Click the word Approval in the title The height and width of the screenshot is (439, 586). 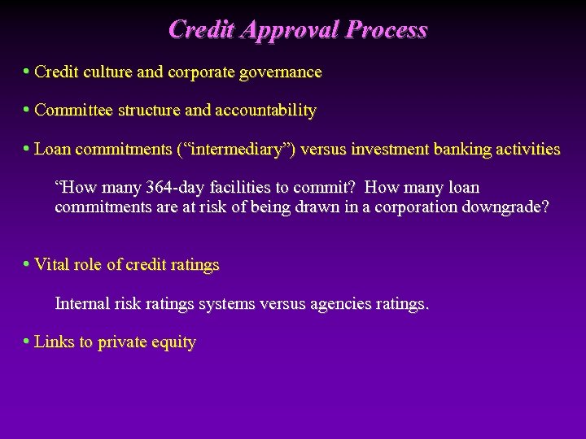click(x=288, y=30)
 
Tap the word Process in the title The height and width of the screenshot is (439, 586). click(x=386, y=30)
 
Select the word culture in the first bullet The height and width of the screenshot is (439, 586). click(x=106, y=72)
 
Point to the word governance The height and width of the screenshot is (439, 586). click(x=279, y=72)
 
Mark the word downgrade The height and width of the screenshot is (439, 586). click(x=505, y=206)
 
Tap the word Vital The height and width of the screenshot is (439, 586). click(x=51, y=265)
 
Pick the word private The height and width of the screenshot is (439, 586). click(x=122, y=342)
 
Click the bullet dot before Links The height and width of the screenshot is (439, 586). click(x=27, y=341)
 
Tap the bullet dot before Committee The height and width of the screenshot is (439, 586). click(x=27, y=109)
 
